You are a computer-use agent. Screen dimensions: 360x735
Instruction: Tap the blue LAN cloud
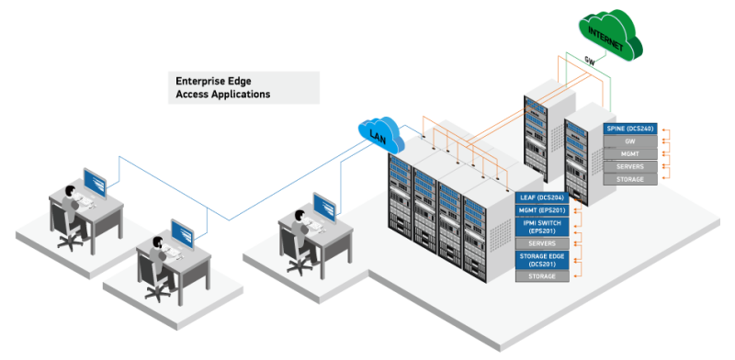pyautogui.click(x=379, y=136)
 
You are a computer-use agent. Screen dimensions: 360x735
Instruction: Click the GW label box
pyautogui.click(x=630, y=142)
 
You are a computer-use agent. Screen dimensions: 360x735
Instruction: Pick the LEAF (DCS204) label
pyautogui.click(x=542, y=198)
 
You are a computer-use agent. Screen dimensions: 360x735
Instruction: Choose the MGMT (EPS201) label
pyautogui.click(x=542, y=211)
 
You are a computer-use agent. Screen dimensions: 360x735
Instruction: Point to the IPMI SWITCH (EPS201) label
pyautogui.click(x=542, y=226)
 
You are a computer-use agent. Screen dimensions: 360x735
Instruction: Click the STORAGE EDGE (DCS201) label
pyautogui.click(x=542, y=261)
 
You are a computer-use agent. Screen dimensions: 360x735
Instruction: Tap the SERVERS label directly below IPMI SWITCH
pyautogui.click(x=542, y=242)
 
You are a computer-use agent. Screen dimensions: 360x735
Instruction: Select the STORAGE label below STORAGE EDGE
pyautogui.click(x=542, y=276)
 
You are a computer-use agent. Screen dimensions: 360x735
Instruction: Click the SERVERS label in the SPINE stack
pyautogui.click(x=630, y=167)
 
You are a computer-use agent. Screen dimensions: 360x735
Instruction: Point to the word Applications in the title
pyautogui.click(x=239, y=95)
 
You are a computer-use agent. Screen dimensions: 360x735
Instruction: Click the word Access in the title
pyautogui.click(x=191, y=95)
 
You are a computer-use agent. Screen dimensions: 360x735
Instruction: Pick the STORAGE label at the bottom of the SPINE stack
pyautogui.click(x=630, y=180)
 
